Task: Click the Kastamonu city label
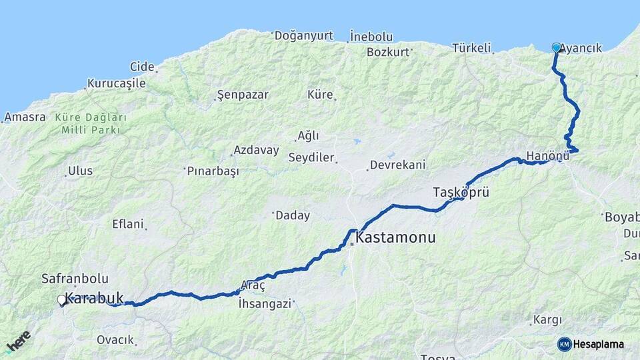(x=396, y=237)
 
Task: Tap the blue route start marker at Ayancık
(x=557, y=47)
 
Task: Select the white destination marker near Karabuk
(x=61, y=300)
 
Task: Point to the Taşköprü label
(x=461, y=193)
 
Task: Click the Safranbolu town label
(x=75, y=279)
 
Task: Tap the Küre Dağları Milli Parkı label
(x=91, y=123)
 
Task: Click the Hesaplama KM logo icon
(x=565, y=344)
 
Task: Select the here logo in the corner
(x=19, y=342)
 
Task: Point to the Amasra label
(x=25, y=117)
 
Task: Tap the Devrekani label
(x=398, y=165)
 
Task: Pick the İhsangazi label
(x=265, y=303)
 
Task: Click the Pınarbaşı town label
(x=213, y=171)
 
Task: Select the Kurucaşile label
(x=116, y=84)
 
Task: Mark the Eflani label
(x=128, y=224)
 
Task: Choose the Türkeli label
(x=471, y=48)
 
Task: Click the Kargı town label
(x=547, y=320)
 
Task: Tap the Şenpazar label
(x=243, y=95)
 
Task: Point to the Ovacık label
(x=115, y=340)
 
